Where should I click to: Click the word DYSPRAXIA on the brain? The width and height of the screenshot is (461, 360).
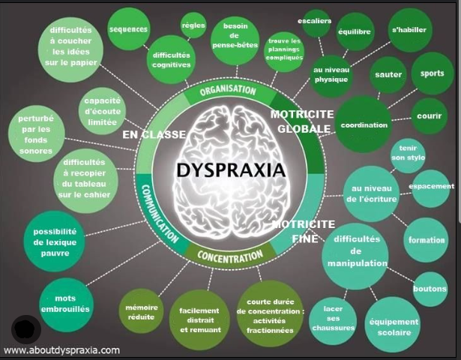click(x=231, y=170)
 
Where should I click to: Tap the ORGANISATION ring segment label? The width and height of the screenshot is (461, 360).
click(x=228, y=90)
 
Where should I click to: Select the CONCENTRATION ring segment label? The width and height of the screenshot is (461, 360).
click(x=230, y=256)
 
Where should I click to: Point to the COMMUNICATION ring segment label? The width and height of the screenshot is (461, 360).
click(x=160, y=214)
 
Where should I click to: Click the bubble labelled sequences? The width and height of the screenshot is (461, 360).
click(x=128, y=29)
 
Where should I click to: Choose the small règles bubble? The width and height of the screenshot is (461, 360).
click(x=193, y=25)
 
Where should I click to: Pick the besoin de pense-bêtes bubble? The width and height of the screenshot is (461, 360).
click(x=235, y=35)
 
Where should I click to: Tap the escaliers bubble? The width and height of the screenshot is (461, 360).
click(x=315, y=21)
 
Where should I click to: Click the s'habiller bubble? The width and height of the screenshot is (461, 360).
click(x=409, y=30)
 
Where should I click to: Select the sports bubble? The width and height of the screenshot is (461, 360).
click(x=433, y=73)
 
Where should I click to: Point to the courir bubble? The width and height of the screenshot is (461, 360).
click(x=430, y=116)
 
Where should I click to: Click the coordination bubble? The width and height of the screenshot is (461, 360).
click(x=364, y=125)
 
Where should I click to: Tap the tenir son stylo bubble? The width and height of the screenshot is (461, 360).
click(x=408, y=153)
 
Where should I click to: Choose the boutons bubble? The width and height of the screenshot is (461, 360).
click(x=430, y=289)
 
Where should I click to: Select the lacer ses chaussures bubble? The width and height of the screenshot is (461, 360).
click(x=333, y=318)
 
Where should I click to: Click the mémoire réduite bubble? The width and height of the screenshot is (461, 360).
click(x=142, y=312)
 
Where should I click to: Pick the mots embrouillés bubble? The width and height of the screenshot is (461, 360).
click(x=65, y=304)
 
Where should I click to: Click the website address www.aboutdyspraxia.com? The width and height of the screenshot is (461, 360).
click(x=61, y=350)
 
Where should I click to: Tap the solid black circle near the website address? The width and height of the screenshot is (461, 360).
click(x=26, y=329)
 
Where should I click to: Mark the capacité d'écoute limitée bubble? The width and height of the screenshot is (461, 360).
click(x=102, y=111)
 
